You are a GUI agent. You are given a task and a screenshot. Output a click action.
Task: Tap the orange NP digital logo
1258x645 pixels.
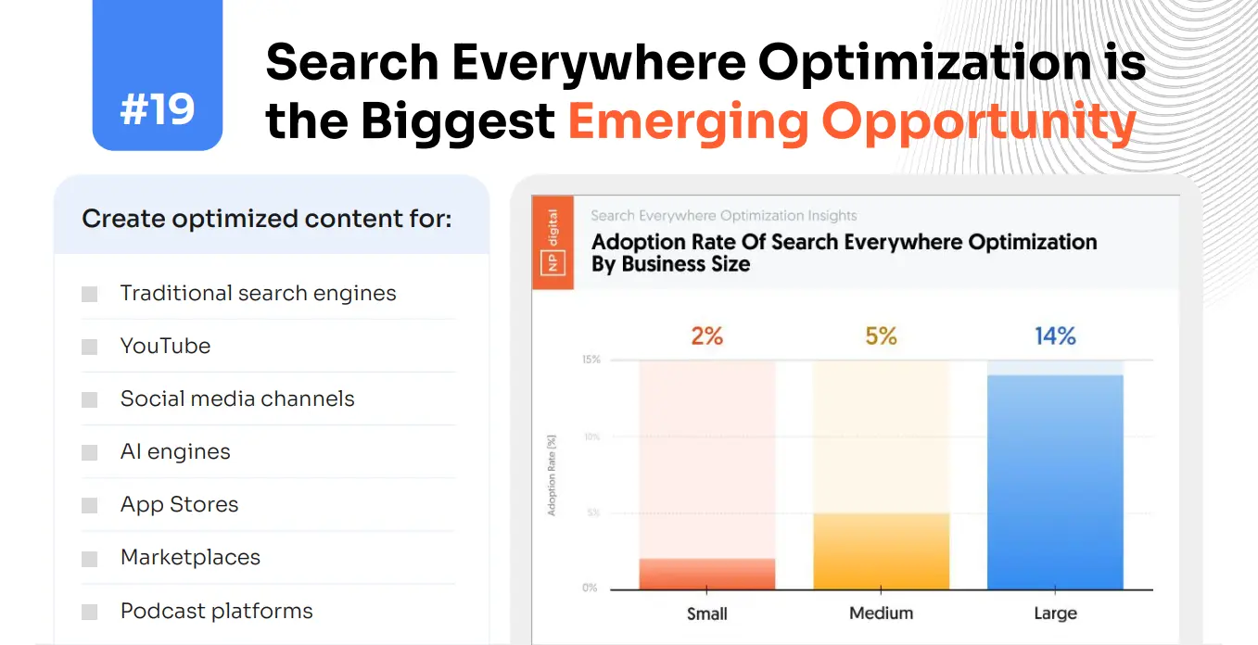553,243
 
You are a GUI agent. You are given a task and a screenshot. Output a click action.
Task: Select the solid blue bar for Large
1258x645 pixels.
1055,482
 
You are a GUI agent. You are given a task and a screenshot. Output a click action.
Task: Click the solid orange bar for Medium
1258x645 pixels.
881,551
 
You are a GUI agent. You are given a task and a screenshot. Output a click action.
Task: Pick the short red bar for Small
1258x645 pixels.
706,574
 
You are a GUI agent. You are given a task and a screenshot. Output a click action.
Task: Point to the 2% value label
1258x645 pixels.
706,335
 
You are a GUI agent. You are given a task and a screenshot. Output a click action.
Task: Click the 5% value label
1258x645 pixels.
881,335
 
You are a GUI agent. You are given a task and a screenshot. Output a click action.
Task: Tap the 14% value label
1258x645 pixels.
1055,335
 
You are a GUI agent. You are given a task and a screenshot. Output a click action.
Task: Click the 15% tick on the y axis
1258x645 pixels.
591,360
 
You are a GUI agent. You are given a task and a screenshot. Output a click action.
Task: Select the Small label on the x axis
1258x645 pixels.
706,613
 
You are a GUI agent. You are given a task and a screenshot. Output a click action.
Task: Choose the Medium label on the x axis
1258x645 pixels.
881,613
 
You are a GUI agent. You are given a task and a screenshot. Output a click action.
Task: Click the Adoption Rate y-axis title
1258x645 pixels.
553,474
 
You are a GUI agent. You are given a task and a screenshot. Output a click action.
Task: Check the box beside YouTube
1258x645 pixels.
89,348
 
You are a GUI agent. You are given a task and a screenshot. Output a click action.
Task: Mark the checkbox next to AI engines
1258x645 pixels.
89,453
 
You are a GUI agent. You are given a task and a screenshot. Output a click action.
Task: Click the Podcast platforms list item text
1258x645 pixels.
216,611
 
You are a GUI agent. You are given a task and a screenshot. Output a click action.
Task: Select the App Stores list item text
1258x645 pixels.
179,505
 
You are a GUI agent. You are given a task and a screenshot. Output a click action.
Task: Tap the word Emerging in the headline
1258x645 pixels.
686,121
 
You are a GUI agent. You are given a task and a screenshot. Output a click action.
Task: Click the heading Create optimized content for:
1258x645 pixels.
267,220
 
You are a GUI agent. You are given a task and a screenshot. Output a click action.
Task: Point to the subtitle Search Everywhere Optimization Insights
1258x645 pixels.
724,216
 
